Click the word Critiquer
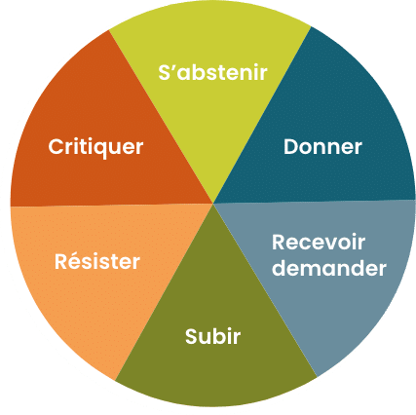pyautogui.click(x=95, y=148)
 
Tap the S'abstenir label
pyautogui.click(x=212, y=72)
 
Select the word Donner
pyautogui.click(x=322, y=147)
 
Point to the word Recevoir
pyautogui.click(x=319, y=243)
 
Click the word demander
pyautogui.click(x=329, y=268)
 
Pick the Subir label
pyautogui.click(x=212, y=336)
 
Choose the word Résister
pyautogui.click(x=97, y=261)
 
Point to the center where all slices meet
pyautogui.click(x=213, y=204)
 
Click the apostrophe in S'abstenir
pyautogui.click(x=173, y=68)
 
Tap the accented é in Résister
pyautogui.click(x=76, y=261)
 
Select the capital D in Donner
pyautogui.click(x=291, y=147)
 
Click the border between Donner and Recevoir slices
pyautogui.click(x=315, y=202)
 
